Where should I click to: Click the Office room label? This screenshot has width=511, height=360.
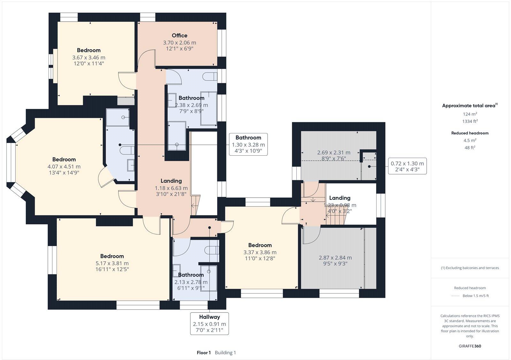[x=179, y=35]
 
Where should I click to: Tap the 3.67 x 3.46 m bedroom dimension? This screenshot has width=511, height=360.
[x=89, y=58]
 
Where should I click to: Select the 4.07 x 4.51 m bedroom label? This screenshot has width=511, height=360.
[x=64, y=160]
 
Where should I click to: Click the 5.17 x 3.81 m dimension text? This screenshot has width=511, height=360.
[x=112, y=263]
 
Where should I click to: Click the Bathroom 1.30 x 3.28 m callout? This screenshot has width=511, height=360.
[x=248, y=145]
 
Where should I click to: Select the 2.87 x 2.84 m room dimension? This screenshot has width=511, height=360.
[x=335, y=258]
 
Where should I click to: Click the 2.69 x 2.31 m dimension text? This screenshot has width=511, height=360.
[x=334, y=153]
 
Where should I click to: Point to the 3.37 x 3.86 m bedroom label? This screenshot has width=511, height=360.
[x=260, y=245]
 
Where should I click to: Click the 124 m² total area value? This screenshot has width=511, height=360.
[x=470, y=114]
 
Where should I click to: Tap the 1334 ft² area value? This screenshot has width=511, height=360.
[x=470, y=121]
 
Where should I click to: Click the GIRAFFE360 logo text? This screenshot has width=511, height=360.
[x=470, y=346]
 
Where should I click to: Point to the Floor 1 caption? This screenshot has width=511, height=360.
[x=204, y=353]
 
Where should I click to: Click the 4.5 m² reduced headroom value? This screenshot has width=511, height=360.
[x=470, y=140]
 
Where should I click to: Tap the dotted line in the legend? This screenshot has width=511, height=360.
[x=455, y=296]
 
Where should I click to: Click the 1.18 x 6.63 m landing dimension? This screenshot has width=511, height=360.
[x=171, y=188]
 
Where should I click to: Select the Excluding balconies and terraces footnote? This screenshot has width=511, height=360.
[x=470, y=268]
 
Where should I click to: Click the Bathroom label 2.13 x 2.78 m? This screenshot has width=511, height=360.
[x=191, y=275]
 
